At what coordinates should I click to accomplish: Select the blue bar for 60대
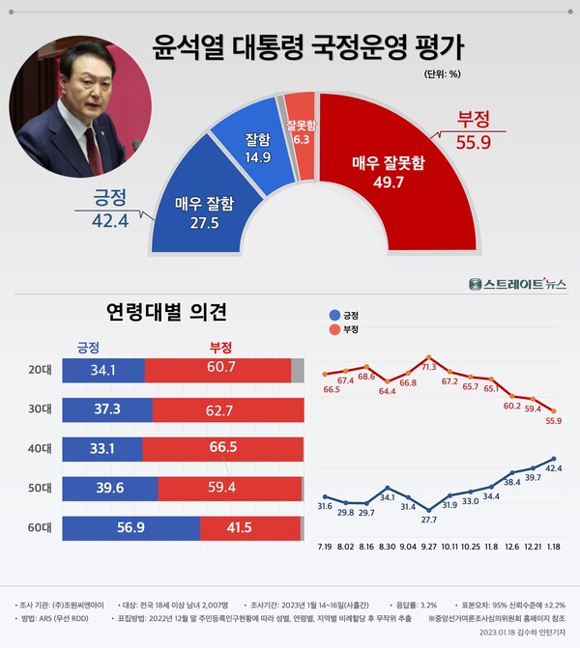pyautogui.click(x=130, y=528)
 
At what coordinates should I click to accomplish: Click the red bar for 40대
pyautogui.click(x=221, y=449)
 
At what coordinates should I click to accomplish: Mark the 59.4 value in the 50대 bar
pyautogui.click(x=220, y=489)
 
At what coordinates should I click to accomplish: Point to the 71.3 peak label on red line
pyautogui.click(x=427, y=368)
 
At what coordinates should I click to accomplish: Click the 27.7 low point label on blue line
pyautogui.click(x=429, y=520)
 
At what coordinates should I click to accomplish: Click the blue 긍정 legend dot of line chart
pyautogui.click(x=334, y=315)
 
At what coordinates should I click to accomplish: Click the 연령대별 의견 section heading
pyautogui.click(x=165, y=311)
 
